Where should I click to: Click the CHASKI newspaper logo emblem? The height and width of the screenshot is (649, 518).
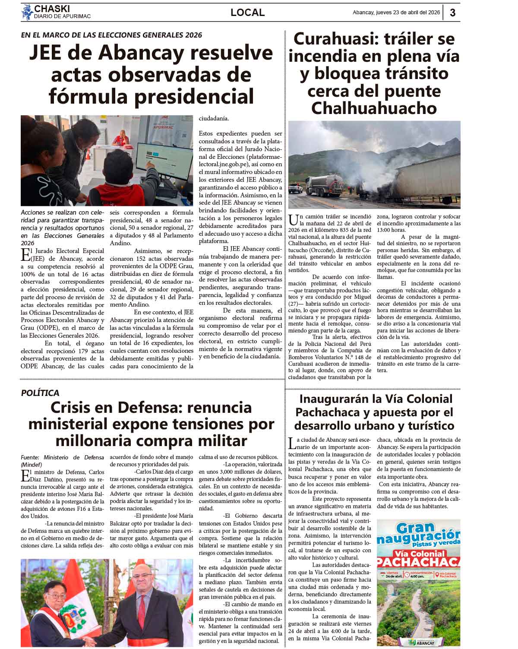click(x=27, y=12)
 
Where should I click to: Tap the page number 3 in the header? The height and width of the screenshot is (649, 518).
click(x=452, y=13)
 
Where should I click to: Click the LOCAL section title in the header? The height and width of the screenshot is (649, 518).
click(x=247, y=13)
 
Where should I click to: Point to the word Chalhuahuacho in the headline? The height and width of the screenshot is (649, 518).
click(x=374, y=108)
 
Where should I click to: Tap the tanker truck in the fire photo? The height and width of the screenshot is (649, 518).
click(x=328, y=183)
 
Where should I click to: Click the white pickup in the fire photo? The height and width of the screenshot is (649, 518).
click(x=296, y=188)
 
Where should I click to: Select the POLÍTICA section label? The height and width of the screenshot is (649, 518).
click(x=40, y=393)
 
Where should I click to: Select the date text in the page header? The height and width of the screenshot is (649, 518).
click(x=396, y=13)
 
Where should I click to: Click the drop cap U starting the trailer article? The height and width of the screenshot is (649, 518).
click(x=293, y=220)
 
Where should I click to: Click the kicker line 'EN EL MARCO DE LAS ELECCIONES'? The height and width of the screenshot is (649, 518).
click(x=111, y=35)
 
